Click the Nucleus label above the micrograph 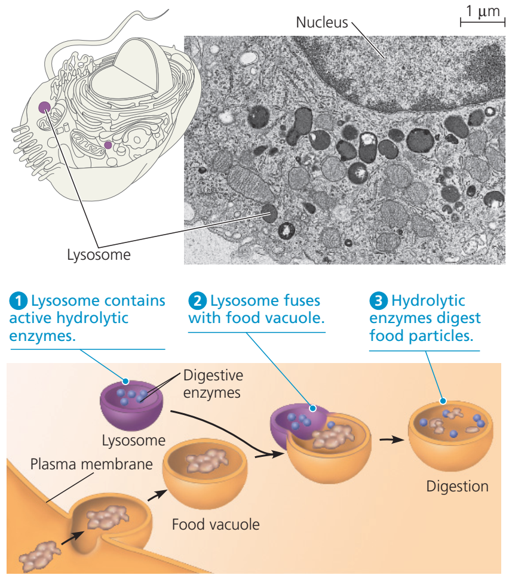pos(321,23)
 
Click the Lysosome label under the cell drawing pos(99,256)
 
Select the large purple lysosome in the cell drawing pos(45,107)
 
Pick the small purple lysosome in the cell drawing pos(108,144)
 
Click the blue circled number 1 pos(19,301)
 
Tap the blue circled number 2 pos(197,301)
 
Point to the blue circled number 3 pos(378,301)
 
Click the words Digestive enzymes pos(213,384)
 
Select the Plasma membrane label pos(91,464)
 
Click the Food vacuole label pos(216,525)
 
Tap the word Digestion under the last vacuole pos(457,486)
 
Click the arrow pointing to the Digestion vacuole pos(390,439)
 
